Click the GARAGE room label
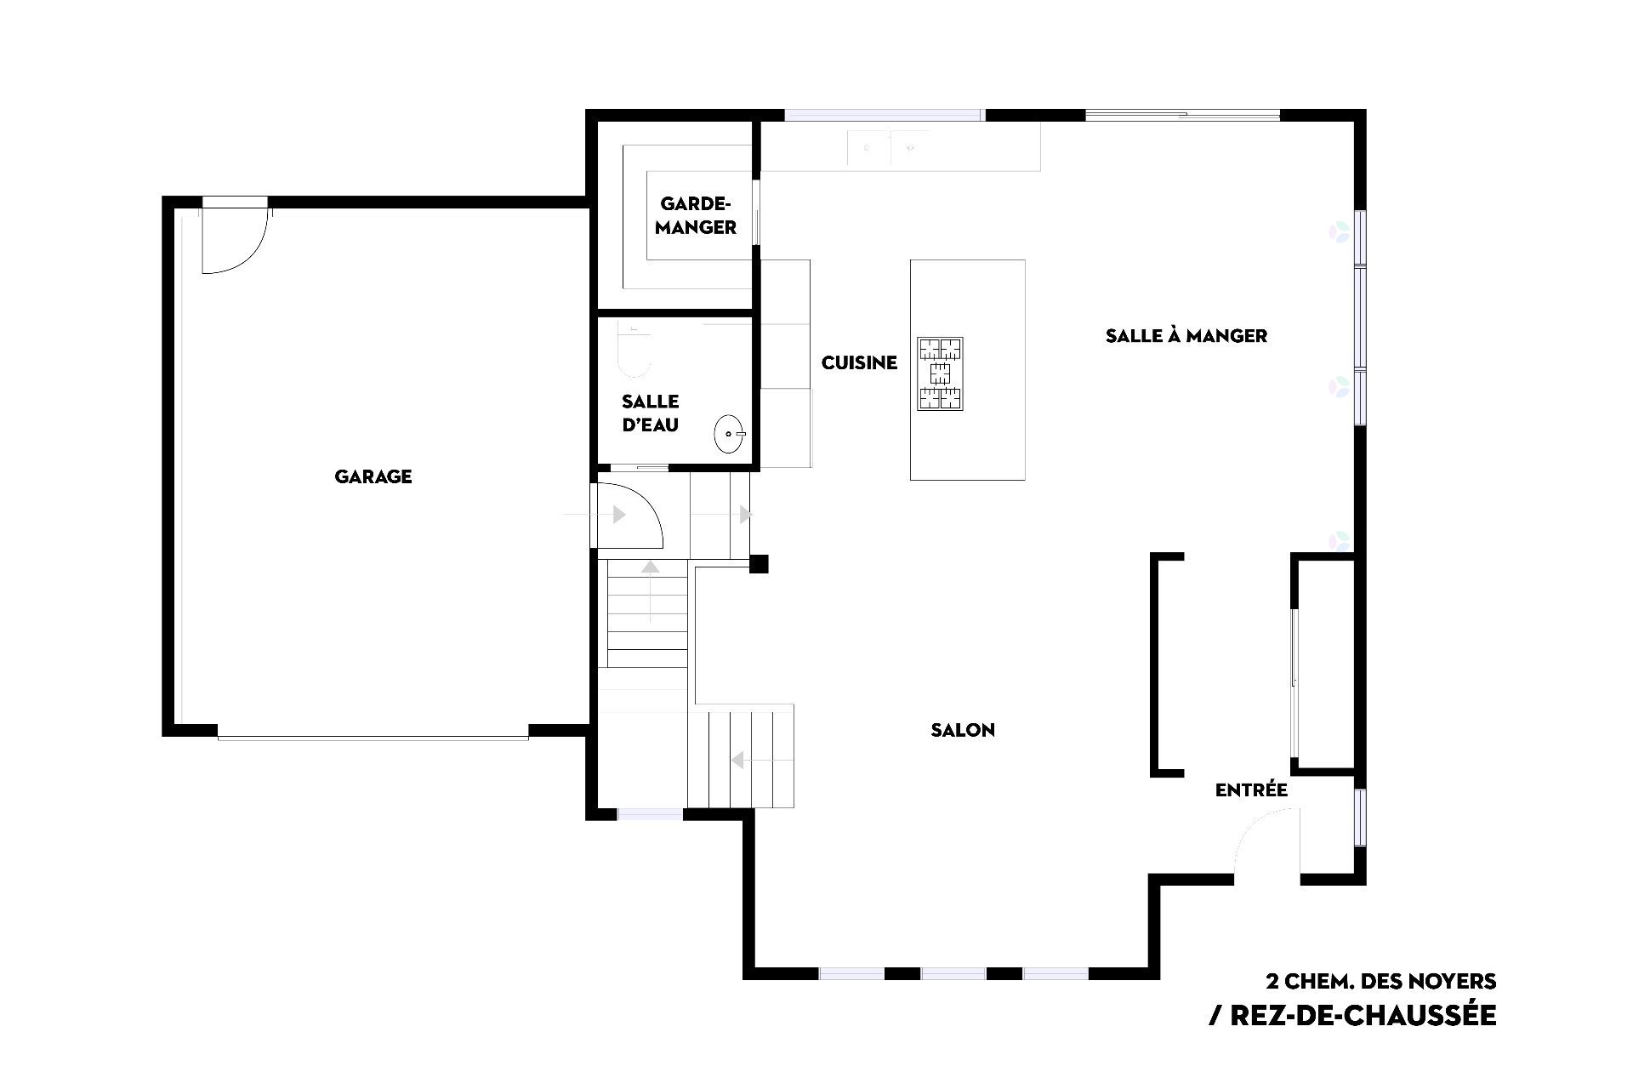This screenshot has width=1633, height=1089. click(x=373, y=476)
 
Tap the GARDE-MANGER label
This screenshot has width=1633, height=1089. click(x=696, y=216)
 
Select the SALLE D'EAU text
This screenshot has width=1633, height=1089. click(x=651, y=413)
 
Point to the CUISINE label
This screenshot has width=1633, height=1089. click(x=859, y=362)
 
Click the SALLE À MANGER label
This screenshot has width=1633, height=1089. click(x=1186, y=335)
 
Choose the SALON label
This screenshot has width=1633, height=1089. click(x=963, y=730)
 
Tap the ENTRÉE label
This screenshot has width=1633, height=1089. click(x=1251, y=790)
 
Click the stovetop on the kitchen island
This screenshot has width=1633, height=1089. click(x=940, y=373)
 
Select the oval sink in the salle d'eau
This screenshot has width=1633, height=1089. click(x=729, y=434)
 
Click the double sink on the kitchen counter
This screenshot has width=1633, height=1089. click(x=889, y=148)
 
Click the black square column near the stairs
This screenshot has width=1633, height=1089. click(x=759, y=563)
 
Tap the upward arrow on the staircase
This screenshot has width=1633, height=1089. click(x=651, y=591)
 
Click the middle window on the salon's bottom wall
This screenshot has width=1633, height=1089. click(x=953, y=973)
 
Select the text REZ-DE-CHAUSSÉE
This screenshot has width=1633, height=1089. click(x=1353, y=1015)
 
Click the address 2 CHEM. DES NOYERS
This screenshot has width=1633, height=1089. click(x=1381, y=980)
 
